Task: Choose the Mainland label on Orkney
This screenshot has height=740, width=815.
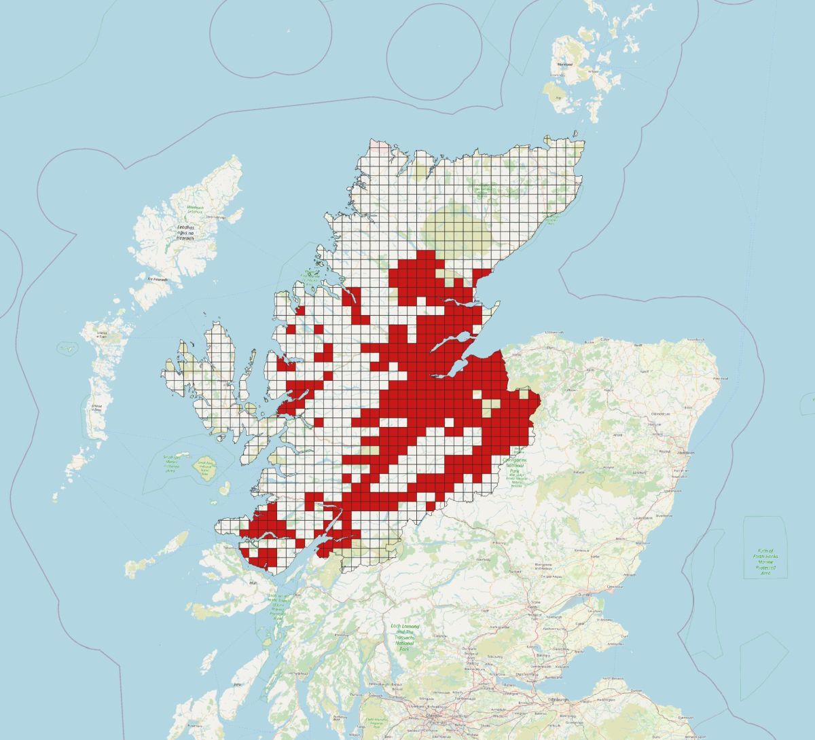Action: coord(564,64)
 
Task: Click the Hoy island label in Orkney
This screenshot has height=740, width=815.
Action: coord(558,98)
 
